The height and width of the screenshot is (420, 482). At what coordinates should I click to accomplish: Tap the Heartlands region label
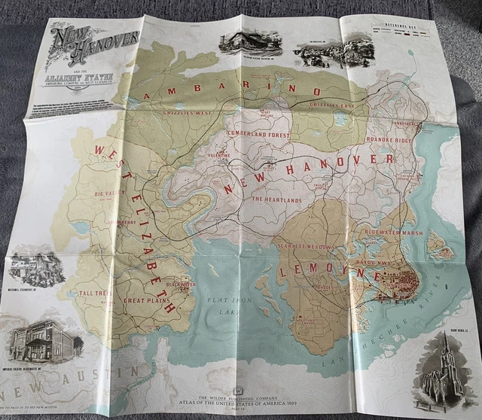(276, 199)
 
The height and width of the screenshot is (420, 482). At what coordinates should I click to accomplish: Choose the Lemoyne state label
(328, 271)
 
